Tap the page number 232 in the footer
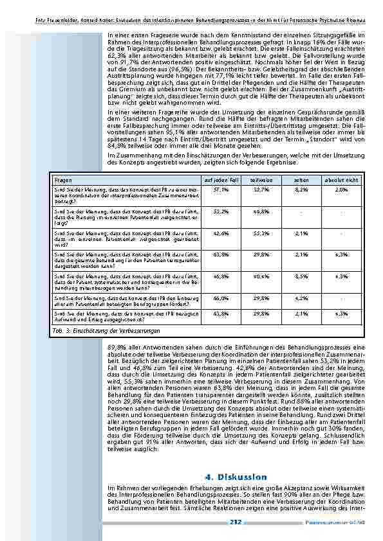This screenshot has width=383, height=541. tap(236, 522)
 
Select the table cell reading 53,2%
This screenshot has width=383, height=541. tap(221, 211)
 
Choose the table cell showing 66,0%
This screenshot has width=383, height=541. tap(221, 298)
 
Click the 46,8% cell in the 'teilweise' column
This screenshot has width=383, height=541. tap(260, 211)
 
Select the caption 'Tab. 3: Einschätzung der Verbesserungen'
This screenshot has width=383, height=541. tap(107, 330)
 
